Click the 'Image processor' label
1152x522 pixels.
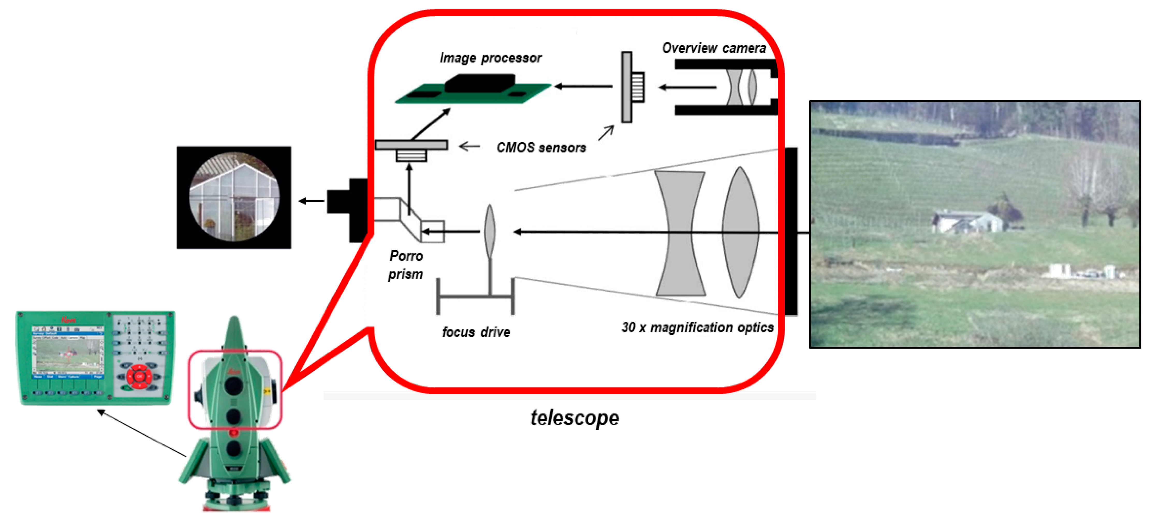point(490,58)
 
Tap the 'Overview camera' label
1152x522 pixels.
point(714,48)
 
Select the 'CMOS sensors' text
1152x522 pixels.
point(541,147)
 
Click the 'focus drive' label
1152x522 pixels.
point(476,332)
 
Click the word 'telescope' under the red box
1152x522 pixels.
point(574,418)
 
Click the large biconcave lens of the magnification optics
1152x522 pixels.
point(680,232)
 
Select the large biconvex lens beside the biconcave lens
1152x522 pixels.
point(740,232)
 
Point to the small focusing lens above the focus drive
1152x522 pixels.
point(490,231)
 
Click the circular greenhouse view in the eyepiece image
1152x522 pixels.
point(234,197)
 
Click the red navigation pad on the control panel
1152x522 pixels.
point(139,376)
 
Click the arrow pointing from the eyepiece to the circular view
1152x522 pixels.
point(311,201)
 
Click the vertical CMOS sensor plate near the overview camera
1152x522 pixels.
point(627,87)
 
